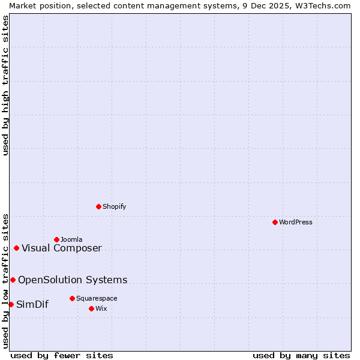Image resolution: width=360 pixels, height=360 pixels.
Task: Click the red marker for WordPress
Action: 275,222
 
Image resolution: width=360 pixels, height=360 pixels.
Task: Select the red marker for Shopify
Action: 98,206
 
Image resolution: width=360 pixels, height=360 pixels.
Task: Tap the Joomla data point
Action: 56,239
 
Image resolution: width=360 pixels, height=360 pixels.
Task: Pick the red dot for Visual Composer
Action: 16,248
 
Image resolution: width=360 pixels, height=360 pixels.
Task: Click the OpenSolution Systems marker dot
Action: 13,280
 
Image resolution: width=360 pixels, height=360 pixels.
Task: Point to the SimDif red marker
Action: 11,304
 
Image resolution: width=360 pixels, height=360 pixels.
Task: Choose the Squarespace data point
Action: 72,298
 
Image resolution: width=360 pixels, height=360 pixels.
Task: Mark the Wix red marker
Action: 91,308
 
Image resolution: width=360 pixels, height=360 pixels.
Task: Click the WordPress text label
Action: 296,222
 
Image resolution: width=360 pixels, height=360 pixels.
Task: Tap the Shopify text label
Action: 114,206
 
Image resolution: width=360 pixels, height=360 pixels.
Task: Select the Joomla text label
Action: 71,239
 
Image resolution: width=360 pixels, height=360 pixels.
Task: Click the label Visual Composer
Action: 62,248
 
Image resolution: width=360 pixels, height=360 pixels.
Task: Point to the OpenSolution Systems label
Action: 73,280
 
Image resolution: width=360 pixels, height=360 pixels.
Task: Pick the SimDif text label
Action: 32,304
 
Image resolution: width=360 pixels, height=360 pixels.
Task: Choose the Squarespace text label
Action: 97,298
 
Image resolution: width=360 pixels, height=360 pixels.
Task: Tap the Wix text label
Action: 101,308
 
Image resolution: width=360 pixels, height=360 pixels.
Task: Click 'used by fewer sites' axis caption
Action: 62,355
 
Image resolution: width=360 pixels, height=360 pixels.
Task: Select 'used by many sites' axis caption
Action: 301,355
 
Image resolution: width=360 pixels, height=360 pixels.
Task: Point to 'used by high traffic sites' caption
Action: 5,85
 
